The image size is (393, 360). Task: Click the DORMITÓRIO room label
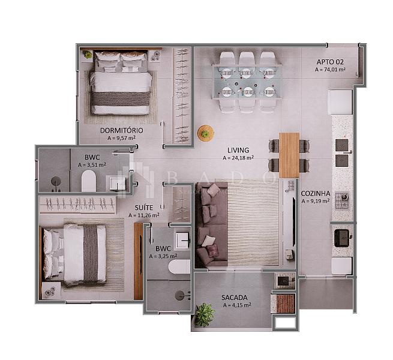coord(122,130)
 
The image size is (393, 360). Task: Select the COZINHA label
coord(316,194)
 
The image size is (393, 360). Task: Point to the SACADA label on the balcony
coord(235,298)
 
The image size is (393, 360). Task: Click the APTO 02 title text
coord(330,62)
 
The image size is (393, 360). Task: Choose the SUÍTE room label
coord(144,208)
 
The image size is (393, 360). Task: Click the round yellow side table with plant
coord(206,133)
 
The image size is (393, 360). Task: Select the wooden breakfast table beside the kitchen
coord(289,155)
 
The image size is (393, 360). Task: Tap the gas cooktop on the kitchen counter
coord(342,201)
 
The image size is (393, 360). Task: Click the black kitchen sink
coord(341,238)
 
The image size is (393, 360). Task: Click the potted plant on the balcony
coord(205,314)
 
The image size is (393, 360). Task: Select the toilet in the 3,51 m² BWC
coord(89,181)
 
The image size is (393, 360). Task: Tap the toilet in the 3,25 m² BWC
coord(180,266)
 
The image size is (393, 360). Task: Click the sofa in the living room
coord(212,224)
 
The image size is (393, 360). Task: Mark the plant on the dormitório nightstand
coord(88,55)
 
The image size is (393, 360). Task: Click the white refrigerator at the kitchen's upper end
coord(340,102)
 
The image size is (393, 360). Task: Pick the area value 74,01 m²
coord(330,70)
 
